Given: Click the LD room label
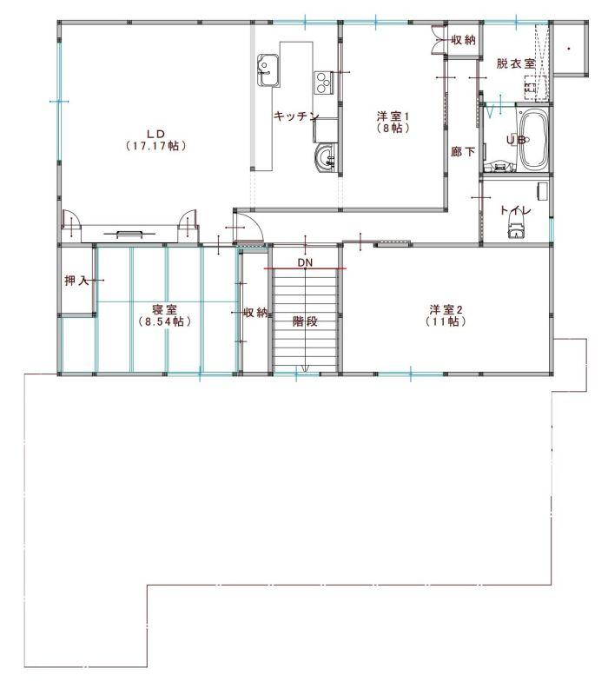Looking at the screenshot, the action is [155, 134].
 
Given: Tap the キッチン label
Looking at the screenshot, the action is [296, 116].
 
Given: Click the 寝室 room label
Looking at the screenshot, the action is [164, 309].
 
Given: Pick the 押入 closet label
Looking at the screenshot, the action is [76, 281].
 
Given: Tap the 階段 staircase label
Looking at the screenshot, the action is [306, 321].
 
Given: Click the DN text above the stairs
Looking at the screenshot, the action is [305, 262].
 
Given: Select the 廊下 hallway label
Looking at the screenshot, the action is [463, 152].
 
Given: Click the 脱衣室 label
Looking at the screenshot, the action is [515, 63].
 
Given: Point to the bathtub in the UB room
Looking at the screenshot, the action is [533, 139].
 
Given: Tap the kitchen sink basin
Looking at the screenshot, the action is [268, 69].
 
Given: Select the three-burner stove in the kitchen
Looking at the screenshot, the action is [324, 83].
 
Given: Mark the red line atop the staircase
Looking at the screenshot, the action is [306, 268].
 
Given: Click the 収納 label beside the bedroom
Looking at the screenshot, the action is [256, 313].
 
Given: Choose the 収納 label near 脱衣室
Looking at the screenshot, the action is [464, 40].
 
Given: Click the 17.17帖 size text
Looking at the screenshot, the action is [155, 145].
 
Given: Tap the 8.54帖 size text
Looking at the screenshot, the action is [164, 321].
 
